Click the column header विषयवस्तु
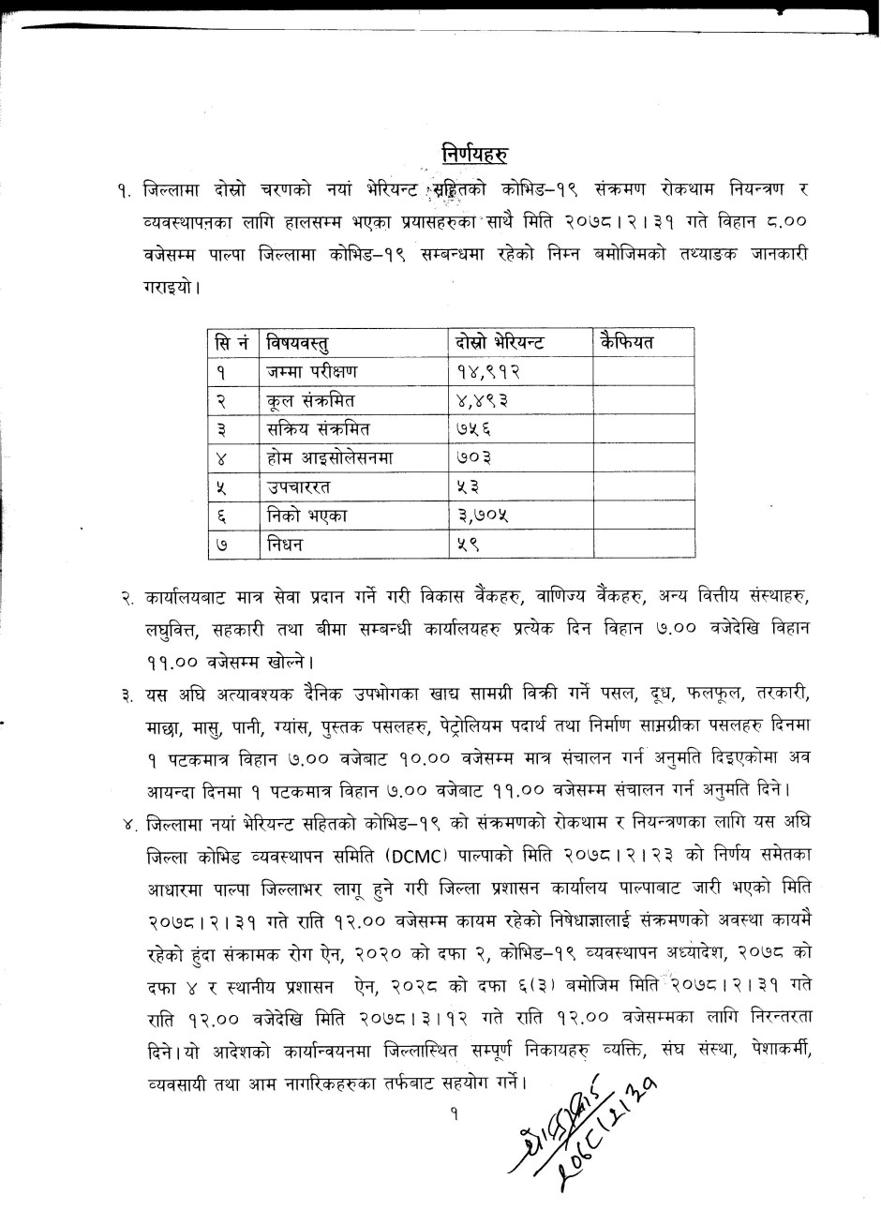[302, 342]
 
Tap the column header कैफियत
[625, 341]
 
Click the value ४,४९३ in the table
[481, 400]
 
